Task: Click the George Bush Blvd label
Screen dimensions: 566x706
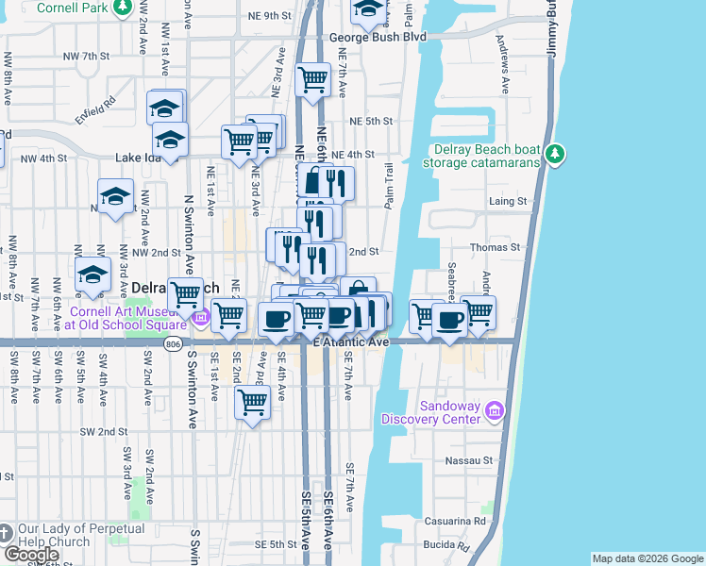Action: click(378, 37)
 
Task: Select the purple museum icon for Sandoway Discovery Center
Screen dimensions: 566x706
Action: click(496, 410)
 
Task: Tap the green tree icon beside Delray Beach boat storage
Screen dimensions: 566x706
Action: click(556, 153)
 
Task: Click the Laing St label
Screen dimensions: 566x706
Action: click(507, 201)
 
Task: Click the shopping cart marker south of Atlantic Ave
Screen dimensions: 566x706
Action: click(252, 403)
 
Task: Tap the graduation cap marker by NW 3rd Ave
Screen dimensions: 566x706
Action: click(93, 274)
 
